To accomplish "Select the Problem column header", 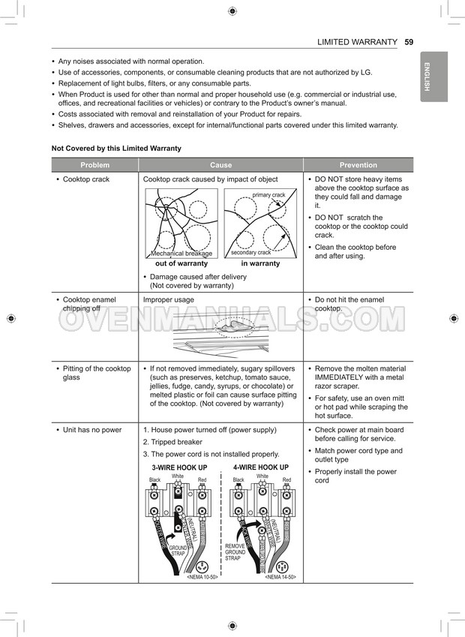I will click(x=95, y=165).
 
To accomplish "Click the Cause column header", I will click(x=220, y=165).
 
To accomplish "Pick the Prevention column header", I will click(x=358, y=165).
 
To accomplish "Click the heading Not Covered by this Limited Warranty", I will click(x=116, y=149).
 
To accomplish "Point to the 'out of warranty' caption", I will click(x=181, y=263).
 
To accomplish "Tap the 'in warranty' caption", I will click(x=260, y=263).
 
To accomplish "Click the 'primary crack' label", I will click(x=268, y=195).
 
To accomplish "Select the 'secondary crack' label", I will click(x=250, y=253).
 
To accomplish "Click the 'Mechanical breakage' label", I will click(x=181, y=254).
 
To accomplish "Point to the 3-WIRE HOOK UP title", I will click(x=179, y=467).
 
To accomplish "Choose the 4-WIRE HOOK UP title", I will click(x=261, y=467).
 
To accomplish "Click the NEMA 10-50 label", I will click(x=202, y=577).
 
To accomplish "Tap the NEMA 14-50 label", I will click(x=280, y=577).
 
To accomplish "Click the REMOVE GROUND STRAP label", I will click(x=235, y=552).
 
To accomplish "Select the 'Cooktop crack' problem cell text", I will click(x=85, y=179).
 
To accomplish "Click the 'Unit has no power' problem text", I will click(x=91, y=430).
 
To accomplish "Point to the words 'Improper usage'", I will click(x=168, y=299).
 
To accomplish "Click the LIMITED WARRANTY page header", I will click(x=357, y=42).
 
